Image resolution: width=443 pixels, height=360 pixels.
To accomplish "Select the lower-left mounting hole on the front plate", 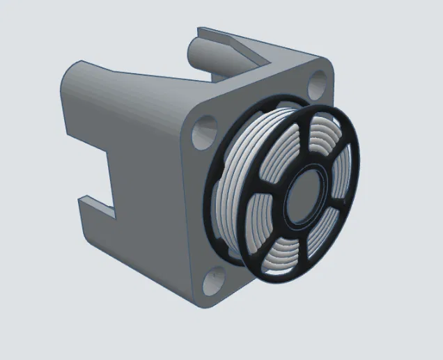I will pos(215,281).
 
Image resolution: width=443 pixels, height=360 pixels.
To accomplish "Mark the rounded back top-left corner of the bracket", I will pos(73,70).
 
